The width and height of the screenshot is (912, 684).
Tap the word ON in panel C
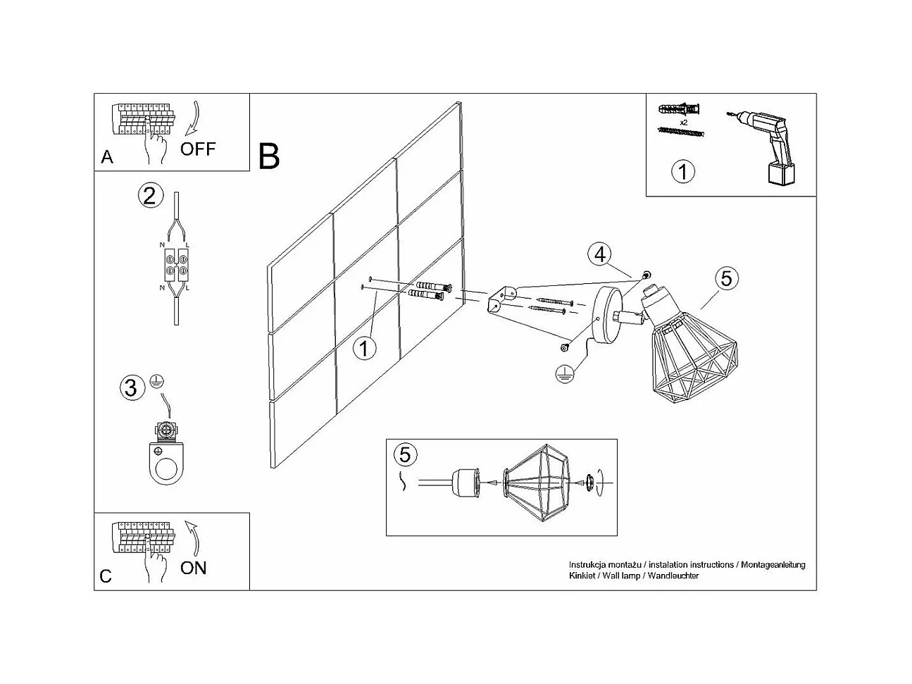click(x=193, y=567)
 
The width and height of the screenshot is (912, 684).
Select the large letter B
click(x=269, y=156)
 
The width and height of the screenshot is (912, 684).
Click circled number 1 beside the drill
click(x=682, y=171)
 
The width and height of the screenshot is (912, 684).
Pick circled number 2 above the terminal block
click(x=149, y=195)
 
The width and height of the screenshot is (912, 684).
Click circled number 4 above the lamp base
click(x=599, y=254)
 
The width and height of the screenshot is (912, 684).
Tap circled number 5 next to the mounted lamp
click(x=726, y=278)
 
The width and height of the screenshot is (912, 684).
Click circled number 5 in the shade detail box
click(x=404, y=454)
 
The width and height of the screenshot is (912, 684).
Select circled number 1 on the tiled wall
click(x=363, y=348)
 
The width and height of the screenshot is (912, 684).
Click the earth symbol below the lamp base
click(x=563, y=374)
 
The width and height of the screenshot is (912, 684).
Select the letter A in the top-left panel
click(x=107, y=156)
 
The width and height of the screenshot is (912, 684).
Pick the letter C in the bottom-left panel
click(x=106, y=576)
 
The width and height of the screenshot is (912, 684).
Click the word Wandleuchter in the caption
click(x=673, y=576)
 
